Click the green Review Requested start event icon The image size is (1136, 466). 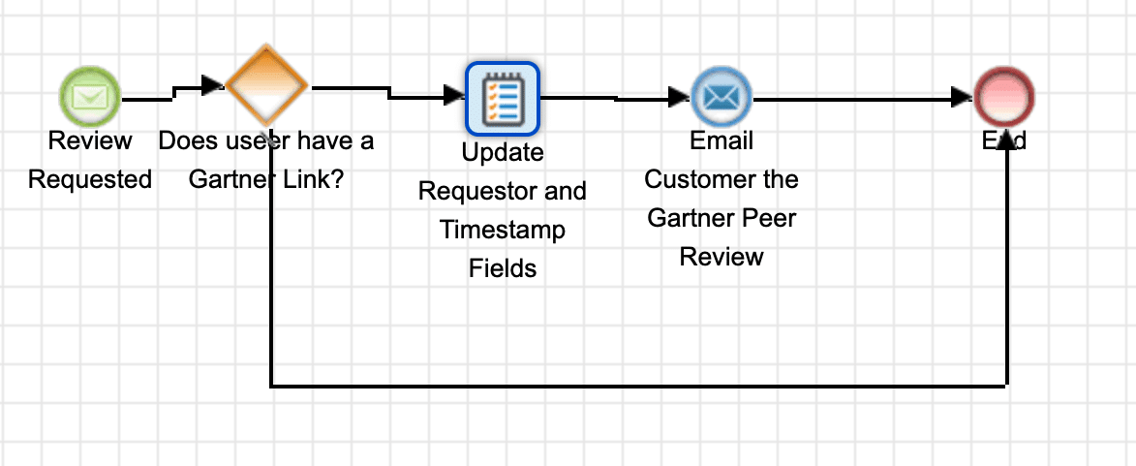click(x=90, y=97)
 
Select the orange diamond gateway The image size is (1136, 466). click(x=267, y=85)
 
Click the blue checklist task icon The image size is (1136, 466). click(x=503, y=98)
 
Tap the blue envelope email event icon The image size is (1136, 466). click(x=722, y=97)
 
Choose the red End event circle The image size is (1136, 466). click(x=1004, y=97)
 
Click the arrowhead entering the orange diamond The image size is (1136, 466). click(x=214, y=85)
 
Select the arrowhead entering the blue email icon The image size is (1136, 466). click(x=679, y=97)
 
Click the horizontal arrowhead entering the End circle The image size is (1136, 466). click(x=962, y=97)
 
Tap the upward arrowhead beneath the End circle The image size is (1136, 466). click(x=1007, y=141)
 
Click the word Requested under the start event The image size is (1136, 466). click(x=90, y=179)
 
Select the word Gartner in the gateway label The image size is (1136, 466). click(x=230, y=179)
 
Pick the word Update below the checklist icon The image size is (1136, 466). click(x=503, y=153)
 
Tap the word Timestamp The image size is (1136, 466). click(x=503, y=230)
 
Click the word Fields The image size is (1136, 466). click(x=503, y=268)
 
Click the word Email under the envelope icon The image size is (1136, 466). click(x=722, y=140)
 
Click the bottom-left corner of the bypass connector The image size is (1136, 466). click(x=271, y=387)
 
